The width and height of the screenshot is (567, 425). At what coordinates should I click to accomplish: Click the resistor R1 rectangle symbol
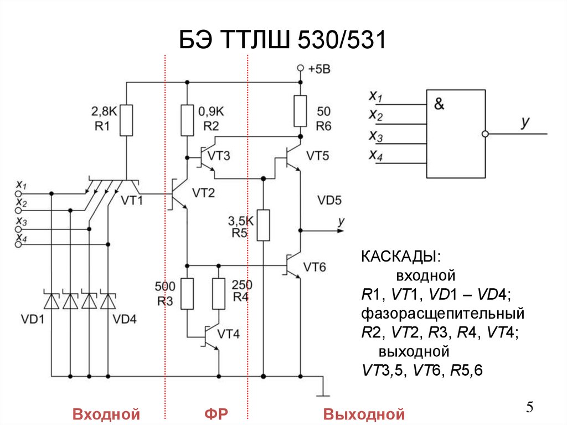point(127,120)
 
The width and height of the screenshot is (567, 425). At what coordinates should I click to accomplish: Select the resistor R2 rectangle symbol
point(187,120)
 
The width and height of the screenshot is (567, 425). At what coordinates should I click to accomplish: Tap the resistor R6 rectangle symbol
point(300,110)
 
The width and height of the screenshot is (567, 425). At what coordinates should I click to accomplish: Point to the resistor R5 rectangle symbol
point(264,225)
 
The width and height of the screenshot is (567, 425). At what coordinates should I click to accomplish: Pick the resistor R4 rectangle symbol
point(219,294)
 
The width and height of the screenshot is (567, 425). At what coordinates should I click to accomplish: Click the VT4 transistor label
point(228,334)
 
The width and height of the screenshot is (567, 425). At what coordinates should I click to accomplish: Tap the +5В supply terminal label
point(319,69)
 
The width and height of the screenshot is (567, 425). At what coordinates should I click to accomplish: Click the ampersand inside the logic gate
point(439,104)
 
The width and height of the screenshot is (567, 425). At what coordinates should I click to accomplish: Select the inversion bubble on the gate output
point(485,134)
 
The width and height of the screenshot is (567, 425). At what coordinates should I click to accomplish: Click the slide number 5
point(529,408)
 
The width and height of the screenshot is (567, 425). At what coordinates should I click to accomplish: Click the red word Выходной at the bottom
point(364,414)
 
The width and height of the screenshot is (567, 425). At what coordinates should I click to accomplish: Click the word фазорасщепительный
point(442,314)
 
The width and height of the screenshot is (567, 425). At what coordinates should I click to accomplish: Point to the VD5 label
point(329,199)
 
